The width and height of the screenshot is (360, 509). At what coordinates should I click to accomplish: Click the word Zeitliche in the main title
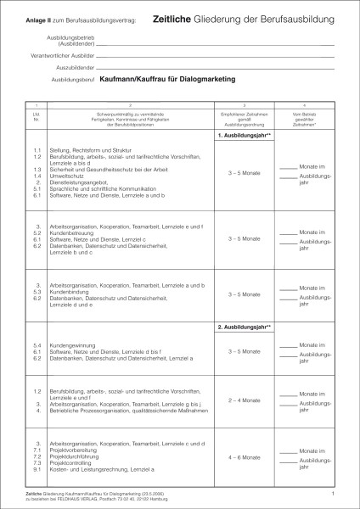pos(174,17)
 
